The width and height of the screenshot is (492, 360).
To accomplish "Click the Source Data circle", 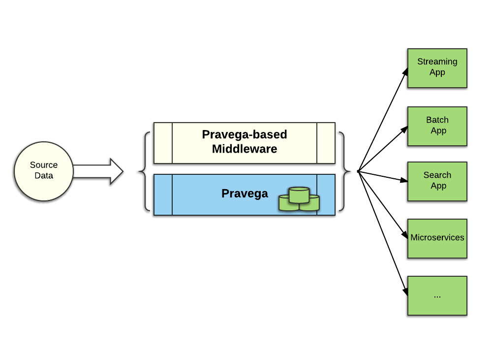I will [44, 171].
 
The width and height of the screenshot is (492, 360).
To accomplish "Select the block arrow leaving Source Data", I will [98, 171].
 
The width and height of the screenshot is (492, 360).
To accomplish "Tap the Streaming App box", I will [437, 68].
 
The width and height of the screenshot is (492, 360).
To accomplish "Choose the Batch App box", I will [437, 126].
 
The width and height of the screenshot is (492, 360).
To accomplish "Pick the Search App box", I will [437, 181].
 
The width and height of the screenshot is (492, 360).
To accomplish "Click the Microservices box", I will [437, 238].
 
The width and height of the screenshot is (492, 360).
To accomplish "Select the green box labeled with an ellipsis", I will [437, 295].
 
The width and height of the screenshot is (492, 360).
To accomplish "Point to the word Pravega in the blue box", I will [245, 194].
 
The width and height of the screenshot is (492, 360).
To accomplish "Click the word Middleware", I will [245, 149].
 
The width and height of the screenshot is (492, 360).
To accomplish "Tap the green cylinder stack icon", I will [299, 199].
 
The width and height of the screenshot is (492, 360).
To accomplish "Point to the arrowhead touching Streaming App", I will [405, 72].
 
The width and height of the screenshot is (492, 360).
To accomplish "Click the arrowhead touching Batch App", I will [404, 129].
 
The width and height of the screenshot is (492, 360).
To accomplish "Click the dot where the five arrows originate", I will [358, 171].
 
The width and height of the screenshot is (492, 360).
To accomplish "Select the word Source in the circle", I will [44, 165].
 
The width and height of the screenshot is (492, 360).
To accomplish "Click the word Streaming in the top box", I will [437, 62].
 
